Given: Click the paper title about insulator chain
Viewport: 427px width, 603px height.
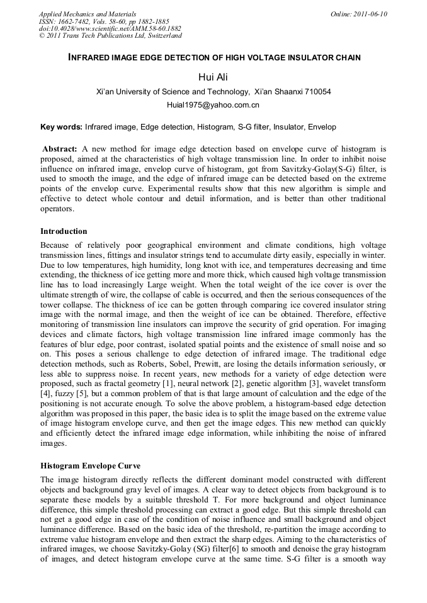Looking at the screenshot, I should [214, 58].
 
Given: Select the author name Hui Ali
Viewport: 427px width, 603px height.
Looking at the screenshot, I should [213, 77].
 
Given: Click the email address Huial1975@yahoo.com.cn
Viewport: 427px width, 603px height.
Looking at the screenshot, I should [213, 105].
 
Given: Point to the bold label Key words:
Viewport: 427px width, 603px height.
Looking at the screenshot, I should [61, 127].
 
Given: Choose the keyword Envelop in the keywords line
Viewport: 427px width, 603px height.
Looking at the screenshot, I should [321, 127].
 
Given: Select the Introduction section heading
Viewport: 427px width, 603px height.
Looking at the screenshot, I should [64, 231].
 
